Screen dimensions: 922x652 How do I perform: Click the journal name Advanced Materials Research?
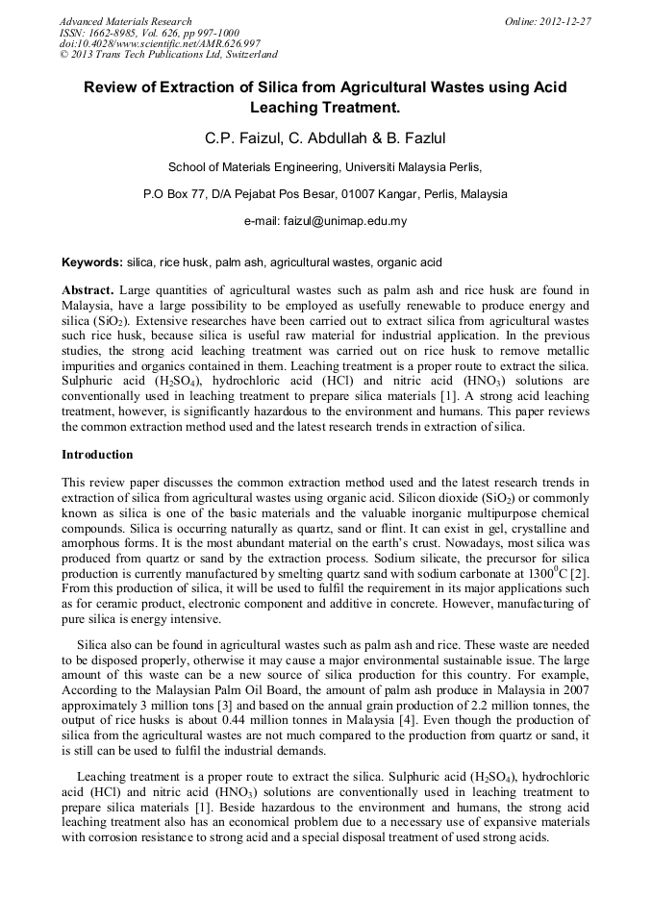pyautogui.click(x=125, y=21)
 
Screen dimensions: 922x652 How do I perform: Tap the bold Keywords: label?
pyautogui.click(x=92, y=262)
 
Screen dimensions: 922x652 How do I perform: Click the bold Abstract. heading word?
pyautogui.click(x=88, y=289)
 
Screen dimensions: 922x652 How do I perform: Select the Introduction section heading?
pyautogui.click(x=97, y=454)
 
